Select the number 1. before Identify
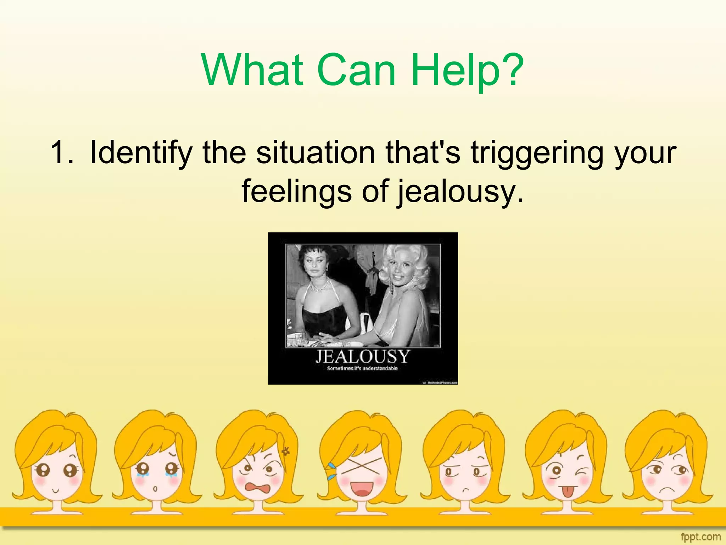pyautogui.click(x=62, y=153)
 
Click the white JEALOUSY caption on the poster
pyautogui.click(x=363, y=356)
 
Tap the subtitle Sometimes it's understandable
pyautogui.click(x=362, y=369)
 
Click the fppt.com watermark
pyautogui.click(x=700, y=536)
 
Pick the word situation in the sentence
pyautogui.click(x=315, y=153)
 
